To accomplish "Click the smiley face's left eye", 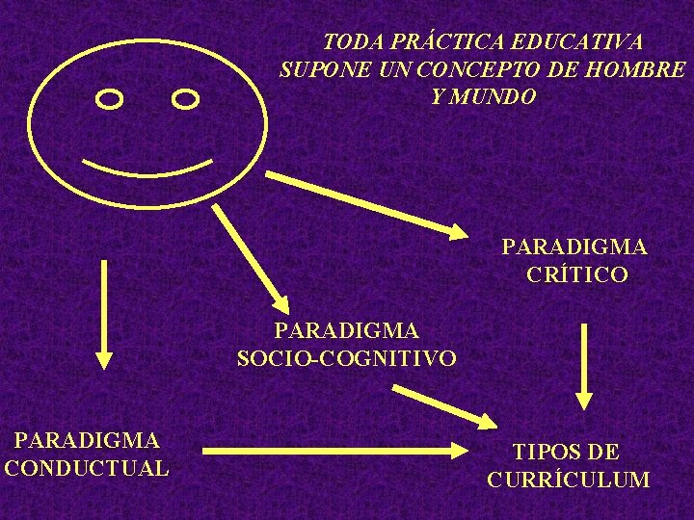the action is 111,98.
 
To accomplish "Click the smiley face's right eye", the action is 185,98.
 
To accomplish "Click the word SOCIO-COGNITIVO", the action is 347,359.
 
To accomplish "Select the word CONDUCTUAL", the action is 87,469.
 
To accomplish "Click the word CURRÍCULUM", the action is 568,480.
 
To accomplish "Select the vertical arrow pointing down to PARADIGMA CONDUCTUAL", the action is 103,314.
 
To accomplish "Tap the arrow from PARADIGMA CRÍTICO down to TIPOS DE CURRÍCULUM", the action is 583,366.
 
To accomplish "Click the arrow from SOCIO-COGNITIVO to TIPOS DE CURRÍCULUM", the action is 443,405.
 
